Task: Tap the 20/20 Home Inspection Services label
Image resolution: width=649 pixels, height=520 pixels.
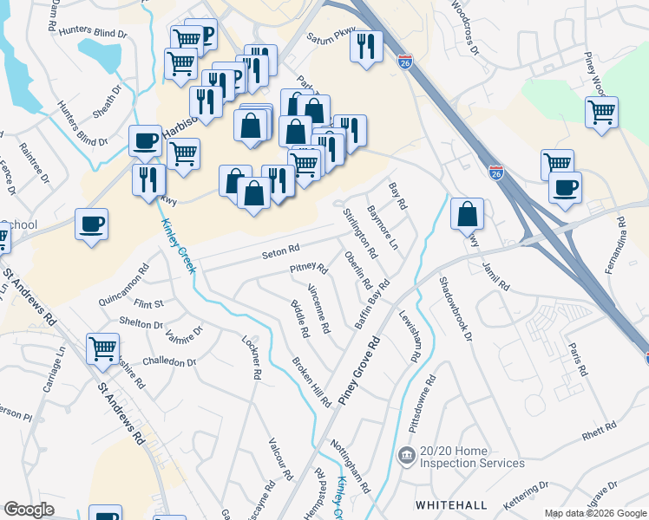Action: tap(473, 457)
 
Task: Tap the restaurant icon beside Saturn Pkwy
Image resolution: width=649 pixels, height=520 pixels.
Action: tap(366, 46)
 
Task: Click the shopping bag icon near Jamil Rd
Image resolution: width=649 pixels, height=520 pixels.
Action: tap(467, 214)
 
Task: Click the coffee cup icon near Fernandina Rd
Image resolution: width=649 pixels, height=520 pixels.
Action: tap(565, 187)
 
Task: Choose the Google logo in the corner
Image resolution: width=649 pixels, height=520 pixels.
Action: tap(29, 509)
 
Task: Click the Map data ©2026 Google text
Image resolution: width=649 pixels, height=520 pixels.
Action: tap(594, 514)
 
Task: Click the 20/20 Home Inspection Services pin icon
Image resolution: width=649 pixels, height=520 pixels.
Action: tap(405, 455)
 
